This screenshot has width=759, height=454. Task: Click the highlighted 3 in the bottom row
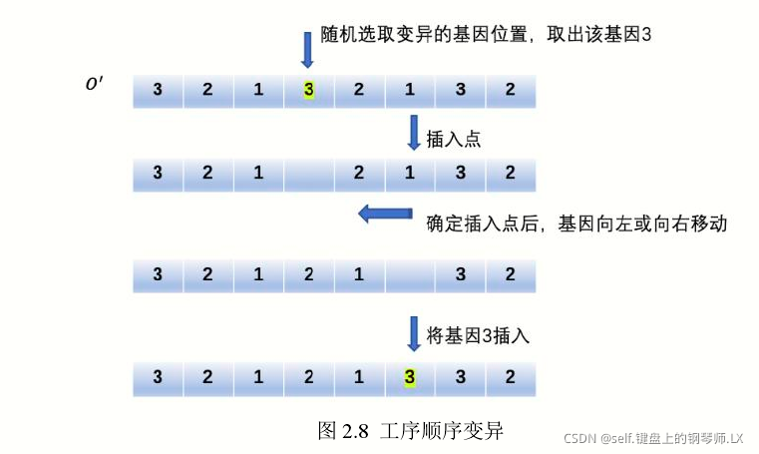[x=409, y=377]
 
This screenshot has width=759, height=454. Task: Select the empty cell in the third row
[x=409, y=272]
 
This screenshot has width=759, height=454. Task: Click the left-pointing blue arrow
[x=385, y=213]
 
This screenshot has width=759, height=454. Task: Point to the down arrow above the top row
[x=307, y=49]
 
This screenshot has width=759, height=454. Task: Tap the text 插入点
[x=454, y=139]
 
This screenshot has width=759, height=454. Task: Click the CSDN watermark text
[x=653, y=438]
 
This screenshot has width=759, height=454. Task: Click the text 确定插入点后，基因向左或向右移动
[x=576, y=223]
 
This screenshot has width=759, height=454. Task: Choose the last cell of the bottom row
[x=510, y=377]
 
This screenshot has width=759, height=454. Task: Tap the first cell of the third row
[x=158, y=272]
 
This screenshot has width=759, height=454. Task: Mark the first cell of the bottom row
[x=158, y=377]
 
